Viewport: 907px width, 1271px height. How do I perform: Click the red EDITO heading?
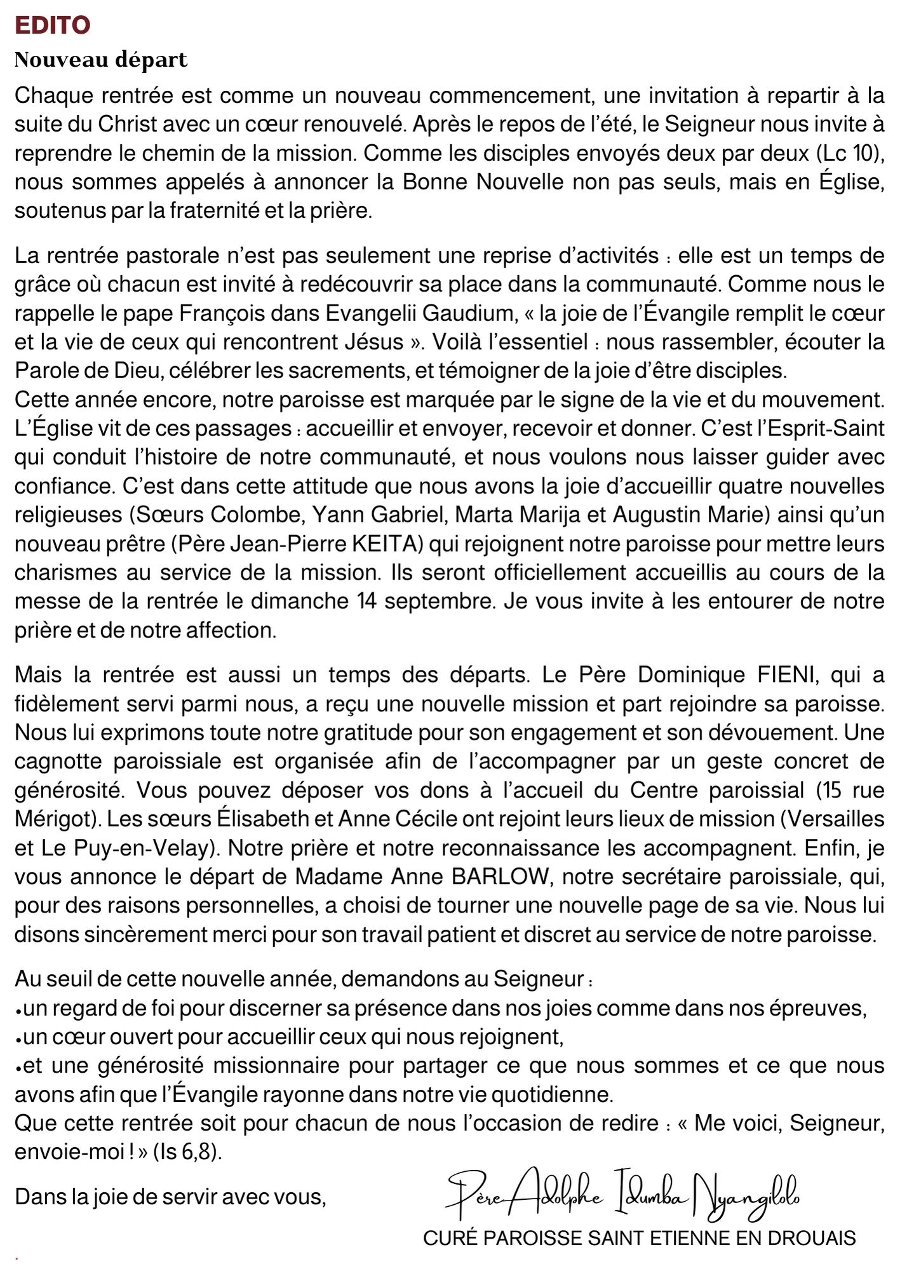[x=53, y=25]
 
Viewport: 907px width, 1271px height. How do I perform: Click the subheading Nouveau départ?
[x=101, y=60]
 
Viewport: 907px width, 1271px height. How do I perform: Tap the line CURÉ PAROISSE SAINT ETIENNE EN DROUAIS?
[x=639, y=1238]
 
